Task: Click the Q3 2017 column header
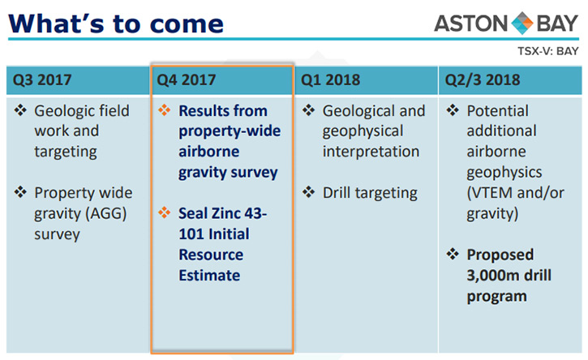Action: pos(42,80)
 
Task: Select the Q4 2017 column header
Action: pos(186,80)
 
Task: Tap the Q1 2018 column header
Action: pos(330,80)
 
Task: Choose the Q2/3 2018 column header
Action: pos(483,80)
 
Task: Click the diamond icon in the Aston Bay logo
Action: pos(522,23)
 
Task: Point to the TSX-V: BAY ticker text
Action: pos(548,51)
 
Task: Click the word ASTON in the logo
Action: pos(471,24)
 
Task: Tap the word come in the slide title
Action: pos(187,24)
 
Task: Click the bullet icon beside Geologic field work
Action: pos(20,110)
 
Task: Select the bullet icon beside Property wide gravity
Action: pos(20,192)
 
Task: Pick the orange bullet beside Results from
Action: pos(165,110)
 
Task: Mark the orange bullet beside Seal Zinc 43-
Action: pos(165,212)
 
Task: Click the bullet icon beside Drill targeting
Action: pos(309,192)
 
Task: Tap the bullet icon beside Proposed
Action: pos(453,254)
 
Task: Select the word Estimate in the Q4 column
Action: pos(209,276)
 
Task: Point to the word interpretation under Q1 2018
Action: pos(371,152)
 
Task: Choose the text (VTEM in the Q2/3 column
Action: pos(490,193)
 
